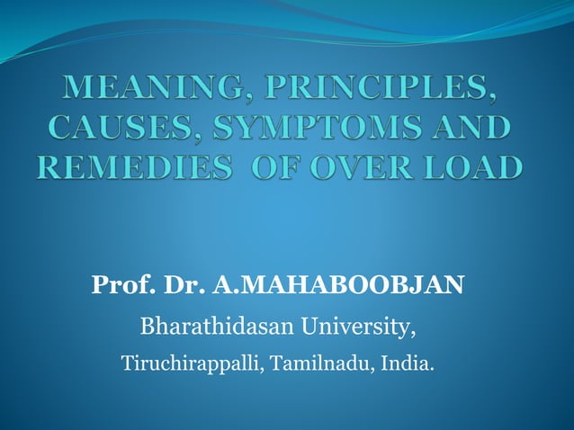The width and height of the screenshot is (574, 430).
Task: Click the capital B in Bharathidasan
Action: point(148,326)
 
